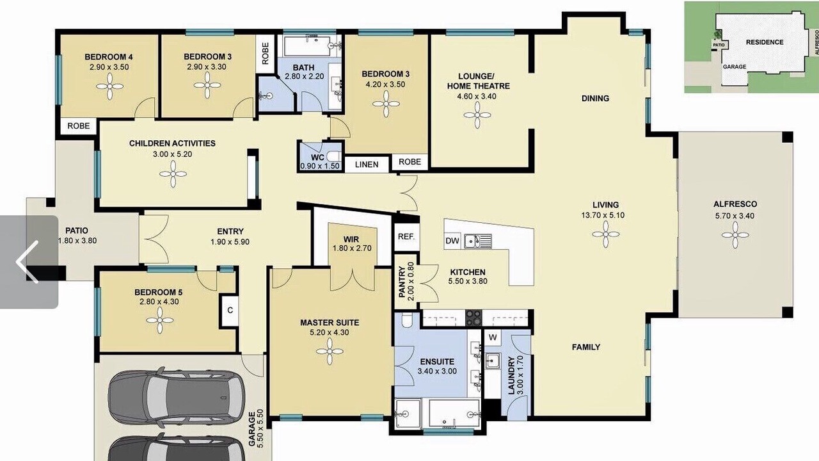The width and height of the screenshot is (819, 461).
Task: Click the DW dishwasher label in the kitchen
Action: pos(452,241)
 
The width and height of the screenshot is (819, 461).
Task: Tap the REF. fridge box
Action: pos(406,237)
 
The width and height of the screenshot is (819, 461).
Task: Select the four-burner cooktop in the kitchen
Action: pos(473,318)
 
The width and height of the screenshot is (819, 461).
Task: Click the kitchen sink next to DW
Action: pos(478,241)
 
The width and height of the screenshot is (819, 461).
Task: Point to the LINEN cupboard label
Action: pos(367,165)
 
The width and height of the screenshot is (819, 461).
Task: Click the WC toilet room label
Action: pos(317,158)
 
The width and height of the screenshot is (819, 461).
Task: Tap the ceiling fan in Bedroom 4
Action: pos(109,86)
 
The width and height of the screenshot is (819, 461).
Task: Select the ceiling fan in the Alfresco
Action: pos(735,235)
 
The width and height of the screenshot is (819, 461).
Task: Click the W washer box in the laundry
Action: pos(493,337)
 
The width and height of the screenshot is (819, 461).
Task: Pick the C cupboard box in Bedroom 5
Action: pos(230,311)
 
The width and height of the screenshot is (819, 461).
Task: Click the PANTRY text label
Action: pos(402,282)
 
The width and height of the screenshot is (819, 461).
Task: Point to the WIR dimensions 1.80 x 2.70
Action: pos(352,248)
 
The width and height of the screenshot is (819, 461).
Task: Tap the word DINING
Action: pos(595,99)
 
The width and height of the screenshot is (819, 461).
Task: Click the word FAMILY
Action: pos(586,347)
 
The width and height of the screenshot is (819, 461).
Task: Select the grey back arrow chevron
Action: pos(27,262)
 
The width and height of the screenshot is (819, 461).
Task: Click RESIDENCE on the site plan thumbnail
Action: pos(765,42)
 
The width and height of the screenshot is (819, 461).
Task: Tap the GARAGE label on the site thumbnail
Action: pos(734,67)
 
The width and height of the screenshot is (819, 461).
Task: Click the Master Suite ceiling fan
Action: pos(330,352)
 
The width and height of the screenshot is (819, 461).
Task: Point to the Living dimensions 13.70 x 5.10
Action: pos(603,216)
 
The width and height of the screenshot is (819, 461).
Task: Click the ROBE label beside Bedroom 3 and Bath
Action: pos(266,53)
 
